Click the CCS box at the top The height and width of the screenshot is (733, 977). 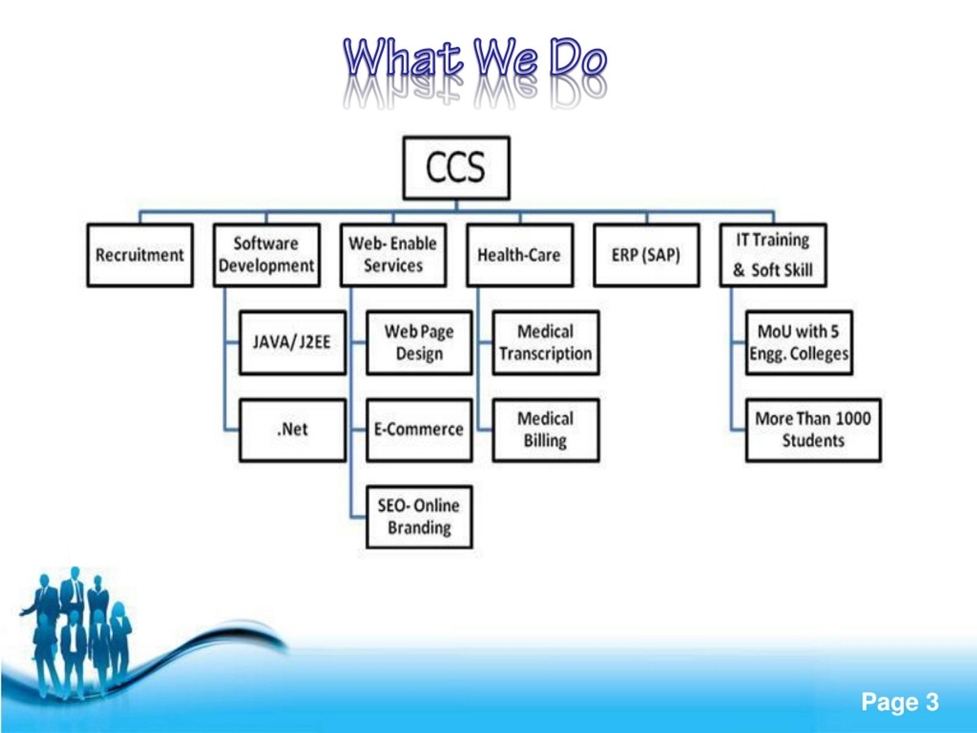pyautogui.click(x=456, y=168)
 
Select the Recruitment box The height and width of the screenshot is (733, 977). pyautogui.click(x=140, y=255)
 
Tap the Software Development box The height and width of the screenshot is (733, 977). pyautogui.click(x=267, y=255)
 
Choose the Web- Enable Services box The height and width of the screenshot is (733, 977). pyautogui.click(x=393, y=255)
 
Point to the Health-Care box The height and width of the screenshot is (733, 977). pyautogui.click(x=520, y=255)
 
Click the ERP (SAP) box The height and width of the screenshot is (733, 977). pyautogui.click(x=646, y=255)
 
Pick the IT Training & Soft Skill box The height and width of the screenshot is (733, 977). pyautogui.click(x=773, y=255)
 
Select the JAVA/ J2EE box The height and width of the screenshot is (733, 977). pyautogui.click(x=292, y=343)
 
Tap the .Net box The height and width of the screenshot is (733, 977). pyautogui.click(x=292, y=430)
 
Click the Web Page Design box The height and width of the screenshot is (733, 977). pyautogui.click(x=419, y=343)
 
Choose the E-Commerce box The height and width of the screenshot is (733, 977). pyautogui.click(x=419, y=430)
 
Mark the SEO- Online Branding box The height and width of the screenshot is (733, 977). pyautogui.click(x=419, y=517)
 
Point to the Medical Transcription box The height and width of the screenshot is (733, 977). pyautogui.click(x=546, y=343)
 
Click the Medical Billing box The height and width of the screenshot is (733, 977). pyautogui.click(x=546, y=430)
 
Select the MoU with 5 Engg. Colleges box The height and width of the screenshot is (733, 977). pyautogui.click(x=799, y=343)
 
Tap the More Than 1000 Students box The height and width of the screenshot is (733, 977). pyautogui.click(x=813, y=430)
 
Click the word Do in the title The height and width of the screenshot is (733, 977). pyautogui.click(x=578, y=57)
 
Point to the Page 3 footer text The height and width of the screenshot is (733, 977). pyautogui.click(x=900, y=702)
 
